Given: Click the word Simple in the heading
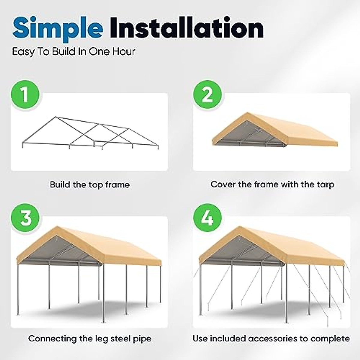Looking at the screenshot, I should [57, 28].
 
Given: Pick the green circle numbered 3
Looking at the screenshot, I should [25, 217].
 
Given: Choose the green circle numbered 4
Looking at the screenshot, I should [207, 217].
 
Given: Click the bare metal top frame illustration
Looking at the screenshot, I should [90, 132].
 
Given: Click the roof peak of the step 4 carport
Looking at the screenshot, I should [238, 227].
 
